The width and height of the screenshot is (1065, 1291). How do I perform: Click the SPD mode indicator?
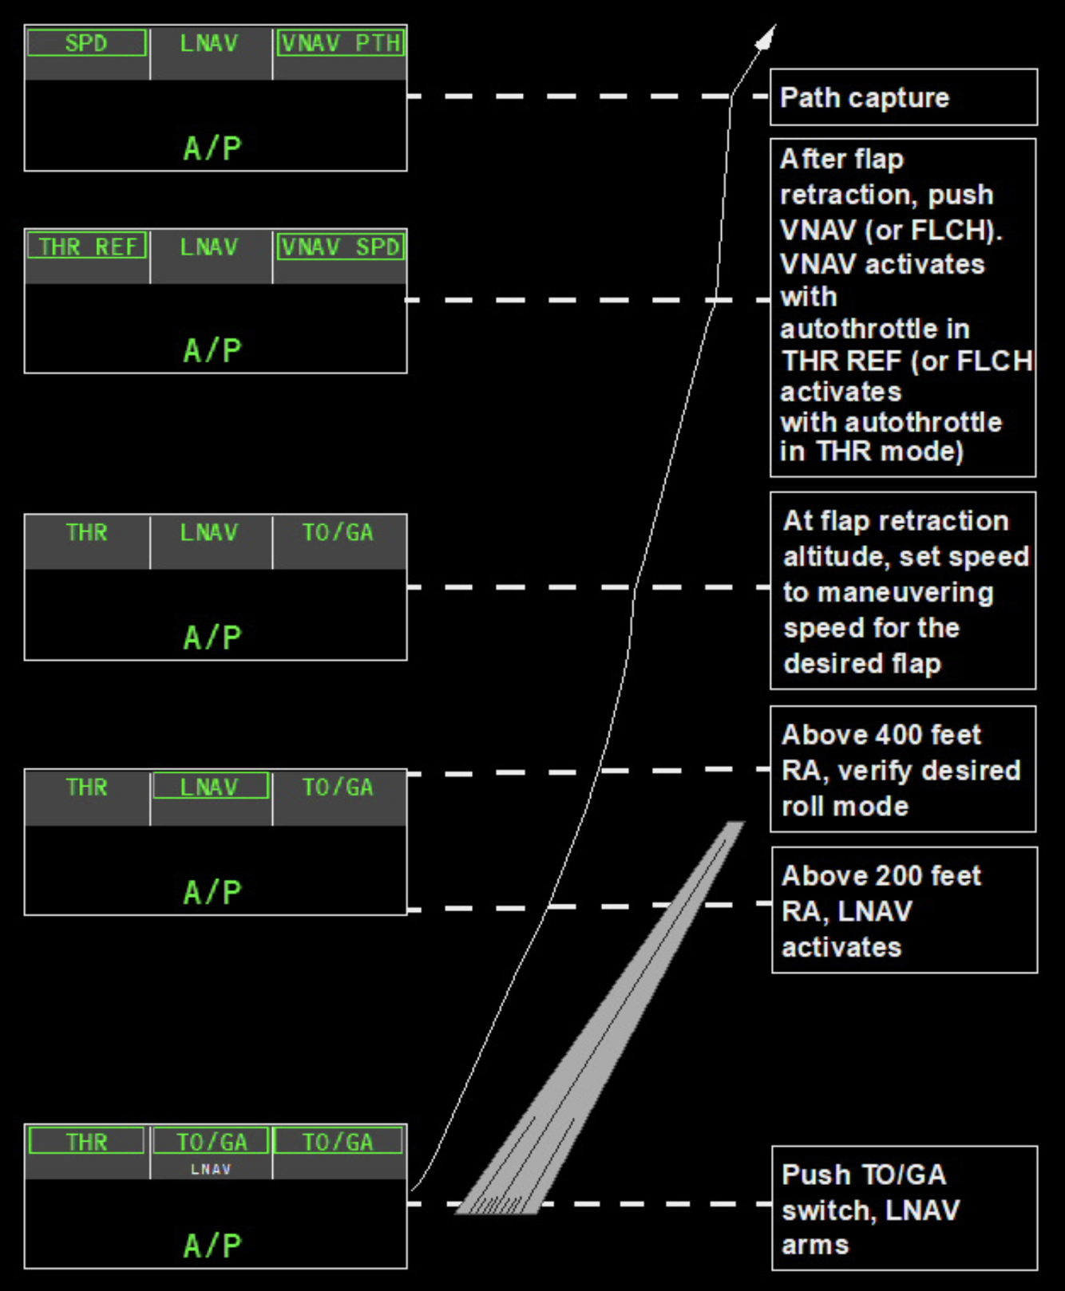tap(86, 43)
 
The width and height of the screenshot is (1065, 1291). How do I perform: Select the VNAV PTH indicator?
tap(340, 43)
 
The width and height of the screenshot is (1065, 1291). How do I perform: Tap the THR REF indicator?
tap(87, 247)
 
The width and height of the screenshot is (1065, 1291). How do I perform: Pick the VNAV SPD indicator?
tap(340, 247)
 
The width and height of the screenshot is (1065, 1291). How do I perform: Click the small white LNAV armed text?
tap(211, 1169)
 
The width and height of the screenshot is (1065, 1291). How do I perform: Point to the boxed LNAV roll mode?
tap(210, 787)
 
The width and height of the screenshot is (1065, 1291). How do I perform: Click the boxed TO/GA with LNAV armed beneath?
tap(212, 1142)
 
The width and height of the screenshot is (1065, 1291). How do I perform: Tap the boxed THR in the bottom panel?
tap(86, 1142)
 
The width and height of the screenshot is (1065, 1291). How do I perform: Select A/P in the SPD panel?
tap(212, 148)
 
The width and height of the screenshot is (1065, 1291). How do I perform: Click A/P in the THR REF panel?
tap(212, 350)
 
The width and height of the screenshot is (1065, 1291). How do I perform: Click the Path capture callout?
tap(865, 97)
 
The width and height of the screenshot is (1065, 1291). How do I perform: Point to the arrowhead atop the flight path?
tap(767, 37)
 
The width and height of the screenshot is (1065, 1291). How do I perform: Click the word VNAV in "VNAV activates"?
tap(818, 264)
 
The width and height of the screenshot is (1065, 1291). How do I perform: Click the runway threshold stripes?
tap(497, 1205)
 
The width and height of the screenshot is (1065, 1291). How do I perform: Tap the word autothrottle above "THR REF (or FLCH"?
tap(874, 329)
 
